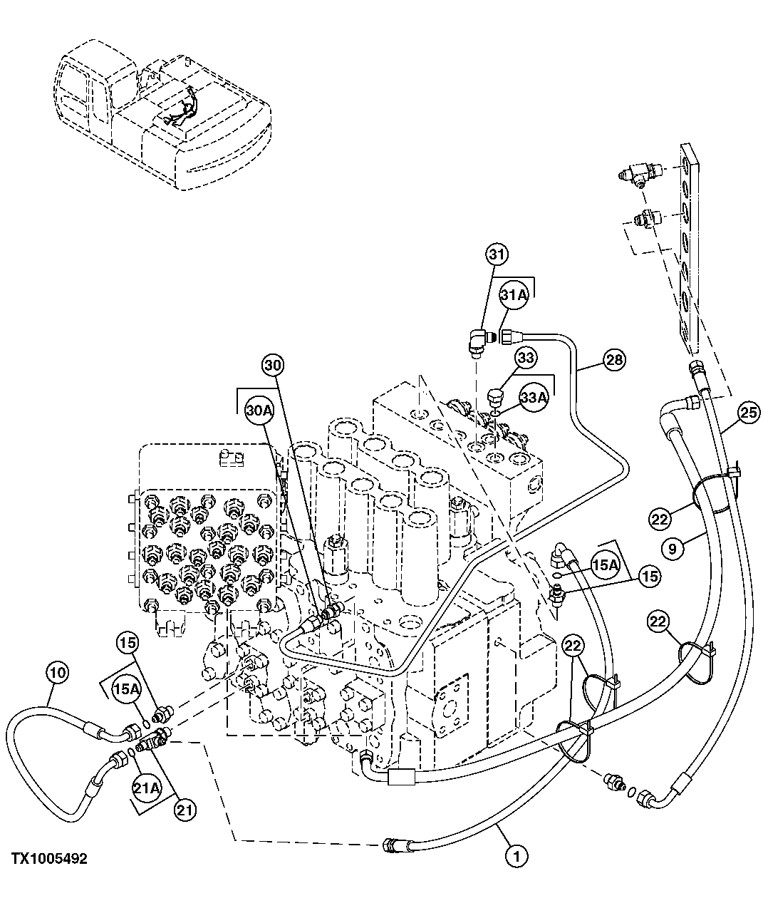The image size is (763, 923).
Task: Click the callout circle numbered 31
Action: (497, 254)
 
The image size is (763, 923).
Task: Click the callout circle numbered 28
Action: (613, 360)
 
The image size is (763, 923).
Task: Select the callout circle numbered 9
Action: (673, 549)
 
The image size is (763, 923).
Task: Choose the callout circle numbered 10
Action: (58, 671)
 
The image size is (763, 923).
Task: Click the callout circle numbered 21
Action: (184, 810)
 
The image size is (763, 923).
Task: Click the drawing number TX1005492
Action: (48, 860)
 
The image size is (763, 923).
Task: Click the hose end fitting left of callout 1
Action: (393, 845)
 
